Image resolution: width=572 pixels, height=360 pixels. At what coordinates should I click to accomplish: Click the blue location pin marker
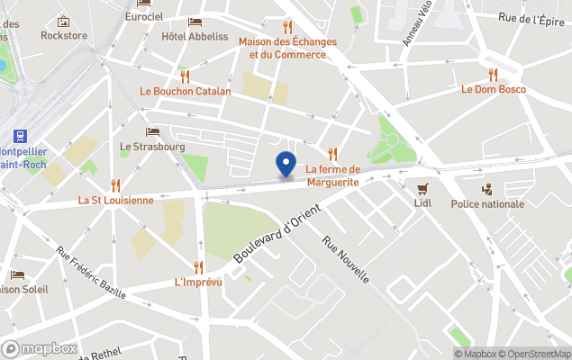pos(286,165)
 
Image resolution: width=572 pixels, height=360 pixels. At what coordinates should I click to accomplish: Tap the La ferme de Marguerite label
pos(332,175)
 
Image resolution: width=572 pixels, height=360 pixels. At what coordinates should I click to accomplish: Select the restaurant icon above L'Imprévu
pos(198,266)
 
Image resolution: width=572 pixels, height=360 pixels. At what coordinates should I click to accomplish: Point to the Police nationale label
pos(487,204)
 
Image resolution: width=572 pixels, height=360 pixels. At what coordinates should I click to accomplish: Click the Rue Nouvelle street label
pos(346,259)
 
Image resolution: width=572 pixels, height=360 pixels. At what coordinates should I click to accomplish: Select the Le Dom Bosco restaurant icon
pos(493,74)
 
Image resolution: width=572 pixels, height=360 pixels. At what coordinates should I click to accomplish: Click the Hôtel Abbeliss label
pos(195,37)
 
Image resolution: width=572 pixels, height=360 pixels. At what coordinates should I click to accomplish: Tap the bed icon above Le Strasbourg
pos(152,131)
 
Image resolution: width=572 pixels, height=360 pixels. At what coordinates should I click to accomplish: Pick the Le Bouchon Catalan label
pos(186,91)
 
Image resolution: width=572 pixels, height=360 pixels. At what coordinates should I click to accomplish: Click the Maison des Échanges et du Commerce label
pos(287,48)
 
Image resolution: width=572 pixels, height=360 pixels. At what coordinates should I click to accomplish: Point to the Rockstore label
pos(63,35)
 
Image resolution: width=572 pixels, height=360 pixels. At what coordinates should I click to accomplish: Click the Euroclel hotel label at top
pos(144,17)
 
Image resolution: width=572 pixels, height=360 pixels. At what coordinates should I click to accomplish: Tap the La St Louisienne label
pos(115,200)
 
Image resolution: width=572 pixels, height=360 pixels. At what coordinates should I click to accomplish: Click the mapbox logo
pos(40,348)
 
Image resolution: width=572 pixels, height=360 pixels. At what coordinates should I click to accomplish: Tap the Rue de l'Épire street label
pos(538,17)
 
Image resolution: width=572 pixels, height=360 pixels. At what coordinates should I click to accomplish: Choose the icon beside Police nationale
pos(487,189)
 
